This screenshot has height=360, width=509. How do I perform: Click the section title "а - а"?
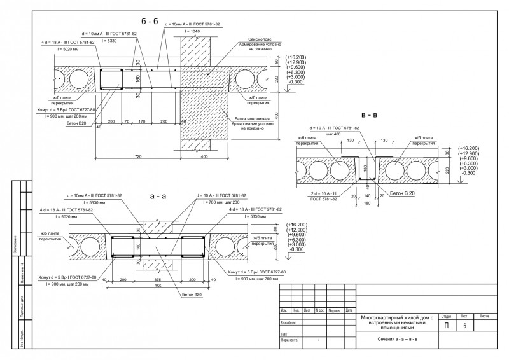pos(157,197)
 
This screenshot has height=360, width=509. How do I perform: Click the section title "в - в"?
pos(368,116)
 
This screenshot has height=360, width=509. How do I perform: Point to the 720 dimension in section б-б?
pos(137,156)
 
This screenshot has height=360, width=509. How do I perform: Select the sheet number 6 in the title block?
pos(465,326)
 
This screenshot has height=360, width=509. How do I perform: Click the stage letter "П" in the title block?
pos(446,326)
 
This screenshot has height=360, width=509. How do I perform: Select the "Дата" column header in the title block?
pos(349,310)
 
